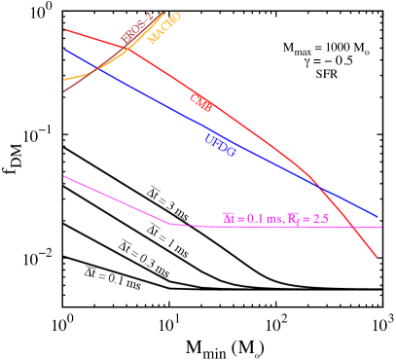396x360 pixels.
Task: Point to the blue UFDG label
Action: (220, 146)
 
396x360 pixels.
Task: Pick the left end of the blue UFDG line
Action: (64, 50)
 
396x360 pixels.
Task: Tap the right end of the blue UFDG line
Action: (378, 216)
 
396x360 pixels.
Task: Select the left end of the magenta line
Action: (64, 176)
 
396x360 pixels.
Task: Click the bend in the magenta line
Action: (171, 224)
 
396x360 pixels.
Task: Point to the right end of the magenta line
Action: (381, 228)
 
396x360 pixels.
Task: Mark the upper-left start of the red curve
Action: (64, 29)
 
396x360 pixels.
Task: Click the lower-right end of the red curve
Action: (377, 257)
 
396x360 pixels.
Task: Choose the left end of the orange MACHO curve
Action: (64, 80)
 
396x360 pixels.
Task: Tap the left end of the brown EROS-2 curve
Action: (64, 91)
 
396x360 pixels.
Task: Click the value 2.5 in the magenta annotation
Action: (320, 219)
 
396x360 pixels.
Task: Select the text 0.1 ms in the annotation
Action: (261, 219)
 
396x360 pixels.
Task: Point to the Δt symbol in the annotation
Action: (230, 219)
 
